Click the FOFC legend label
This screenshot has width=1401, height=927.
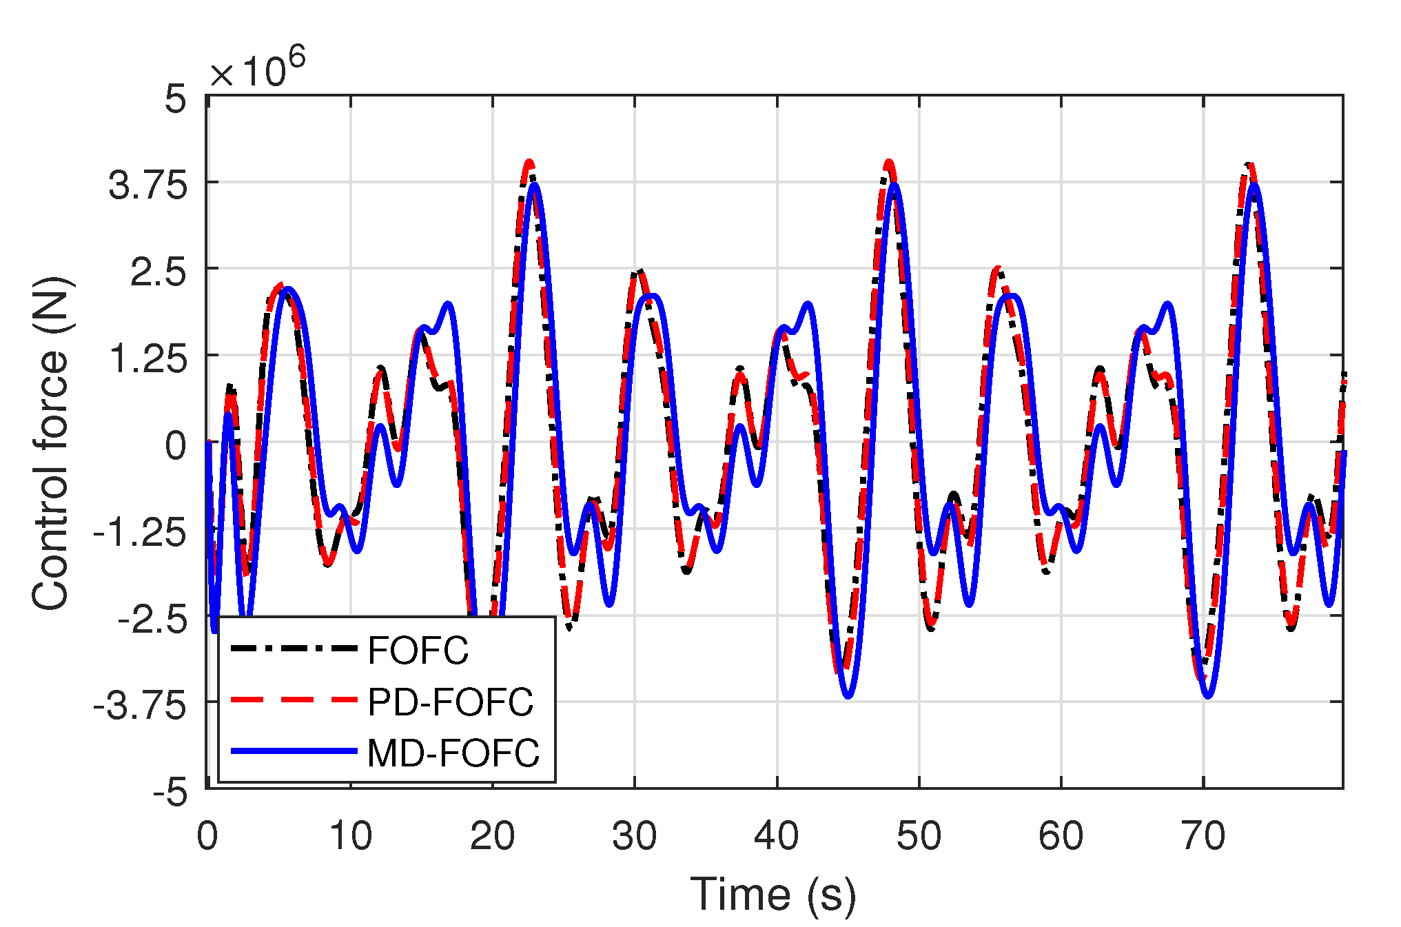point(418,650)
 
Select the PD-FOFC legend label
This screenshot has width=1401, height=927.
point(450,702)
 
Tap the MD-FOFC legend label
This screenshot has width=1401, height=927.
point(453,753)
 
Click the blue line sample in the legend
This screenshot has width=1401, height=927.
point(294,751)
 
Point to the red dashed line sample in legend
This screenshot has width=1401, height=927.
point(294,700)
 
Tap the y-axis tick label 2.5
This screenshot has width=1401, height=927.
point(158,273)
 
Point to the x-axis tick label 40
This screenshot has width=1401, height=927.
point(777,836)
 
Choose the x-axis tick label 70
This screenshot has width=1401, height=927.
point(1203,836)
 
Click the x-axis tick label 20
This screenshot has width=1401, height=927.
point(492,836)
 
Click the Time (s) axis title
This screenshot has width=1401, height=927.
point(773,895)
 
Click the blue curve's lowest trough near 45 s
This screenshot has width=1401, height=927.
point(848,696)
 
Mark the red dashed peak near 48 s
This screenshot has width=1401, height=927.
point(889,163)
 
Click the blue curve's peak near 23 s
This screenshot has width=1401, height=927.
point(534,185)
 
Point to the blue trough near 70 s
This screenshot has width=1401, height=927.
point(1207,696)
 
